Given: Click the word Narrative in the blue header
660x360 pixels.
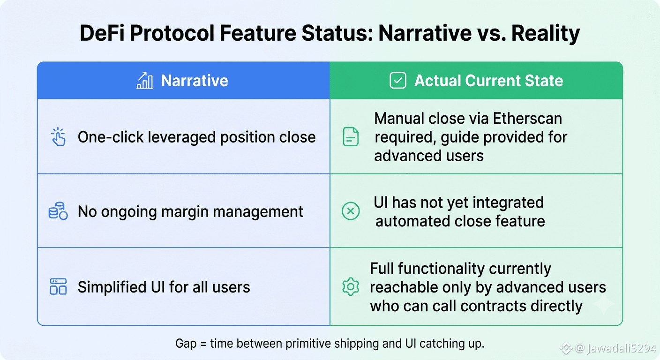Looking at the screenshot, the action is tap(195, 81).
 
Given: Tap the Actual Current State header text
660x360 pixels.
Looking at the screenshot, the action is tap(488, 81).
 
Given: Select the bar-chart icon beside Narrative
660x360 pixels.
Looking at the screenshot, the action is tap(145, 81).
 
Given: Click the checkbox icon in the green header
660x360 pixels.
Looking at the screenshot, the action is tap(398, 81).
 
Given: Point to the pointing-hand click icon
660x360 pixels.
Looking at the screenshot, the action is tap(58, 137).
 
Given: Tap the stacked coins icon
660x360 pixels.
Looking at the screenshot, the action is tap(58, 211).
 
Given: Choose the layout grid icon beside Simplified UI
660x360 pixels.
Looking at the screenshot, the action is tap(58, 287).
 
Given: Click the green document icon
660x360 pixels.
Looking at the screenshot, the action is tap(351, 137).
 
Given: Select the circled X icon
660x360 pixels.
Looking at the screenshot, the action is tap(351, 211).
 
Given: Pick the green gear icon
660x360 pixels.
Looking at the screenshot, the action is tap(351, 286).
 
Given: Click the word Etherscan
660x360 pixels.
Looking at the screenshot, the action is tap(527, 119).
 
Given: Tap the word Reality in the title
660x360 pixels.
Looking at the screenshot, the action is tap(546, 33).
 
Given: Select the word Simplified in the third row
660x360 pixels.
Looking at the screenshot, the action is tap(112, 287).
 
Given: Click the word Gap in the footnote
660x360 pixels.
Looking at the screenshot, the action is tap(186, 344).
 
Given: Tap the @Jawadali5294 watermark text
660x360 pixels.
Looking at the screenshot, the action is tap(616, 348).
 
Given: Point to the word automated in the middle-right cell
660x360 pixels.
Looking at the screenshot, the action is tap(413, 221).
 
